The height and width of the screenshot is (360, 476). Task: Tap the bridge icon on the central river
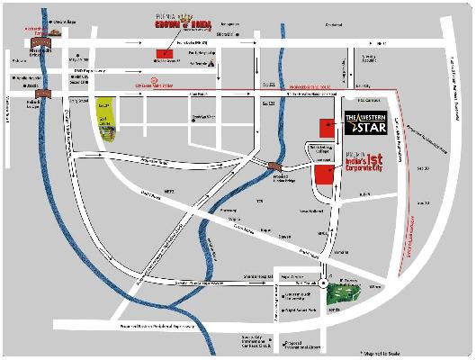click(273, 165)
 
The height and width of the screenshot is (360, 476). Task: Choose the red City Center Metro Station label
click(166, 85)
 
